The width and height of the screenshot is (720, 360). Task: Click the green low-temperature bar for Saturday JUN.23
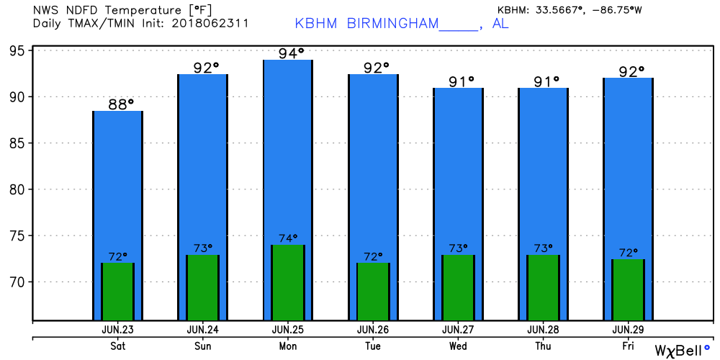(x=117, y=292)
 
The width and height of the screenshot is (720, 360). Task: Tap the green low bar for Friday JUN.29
(x=627, y=289)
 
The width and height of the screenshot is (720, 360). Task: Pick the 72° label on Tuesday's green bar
(x=373, y=256)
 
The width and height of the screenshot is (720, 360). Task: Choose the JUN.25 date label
(x=288, y=329)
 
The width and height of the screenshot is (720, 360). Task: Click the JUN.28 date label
(x=542, y=329)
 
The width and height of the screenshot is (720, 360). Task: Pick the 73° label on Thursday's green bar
(x=543, y=248)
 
